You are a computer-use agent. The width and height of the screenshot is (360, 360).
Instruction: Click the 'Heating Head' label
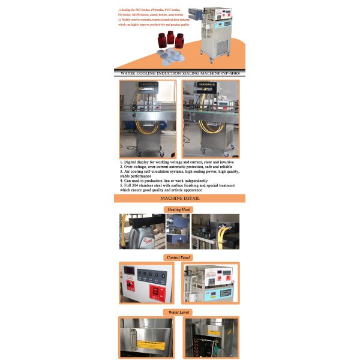coord(179,209)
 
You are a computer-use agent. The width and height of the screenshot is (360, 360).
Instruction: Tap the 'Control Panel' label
coord(179,257)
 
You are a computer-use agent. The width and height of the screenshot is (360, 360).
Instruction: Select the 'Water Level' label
coord(179,313)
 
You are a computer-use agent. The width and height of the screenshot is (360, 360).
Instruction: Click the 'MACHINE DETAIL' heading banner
coord(179,198)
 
